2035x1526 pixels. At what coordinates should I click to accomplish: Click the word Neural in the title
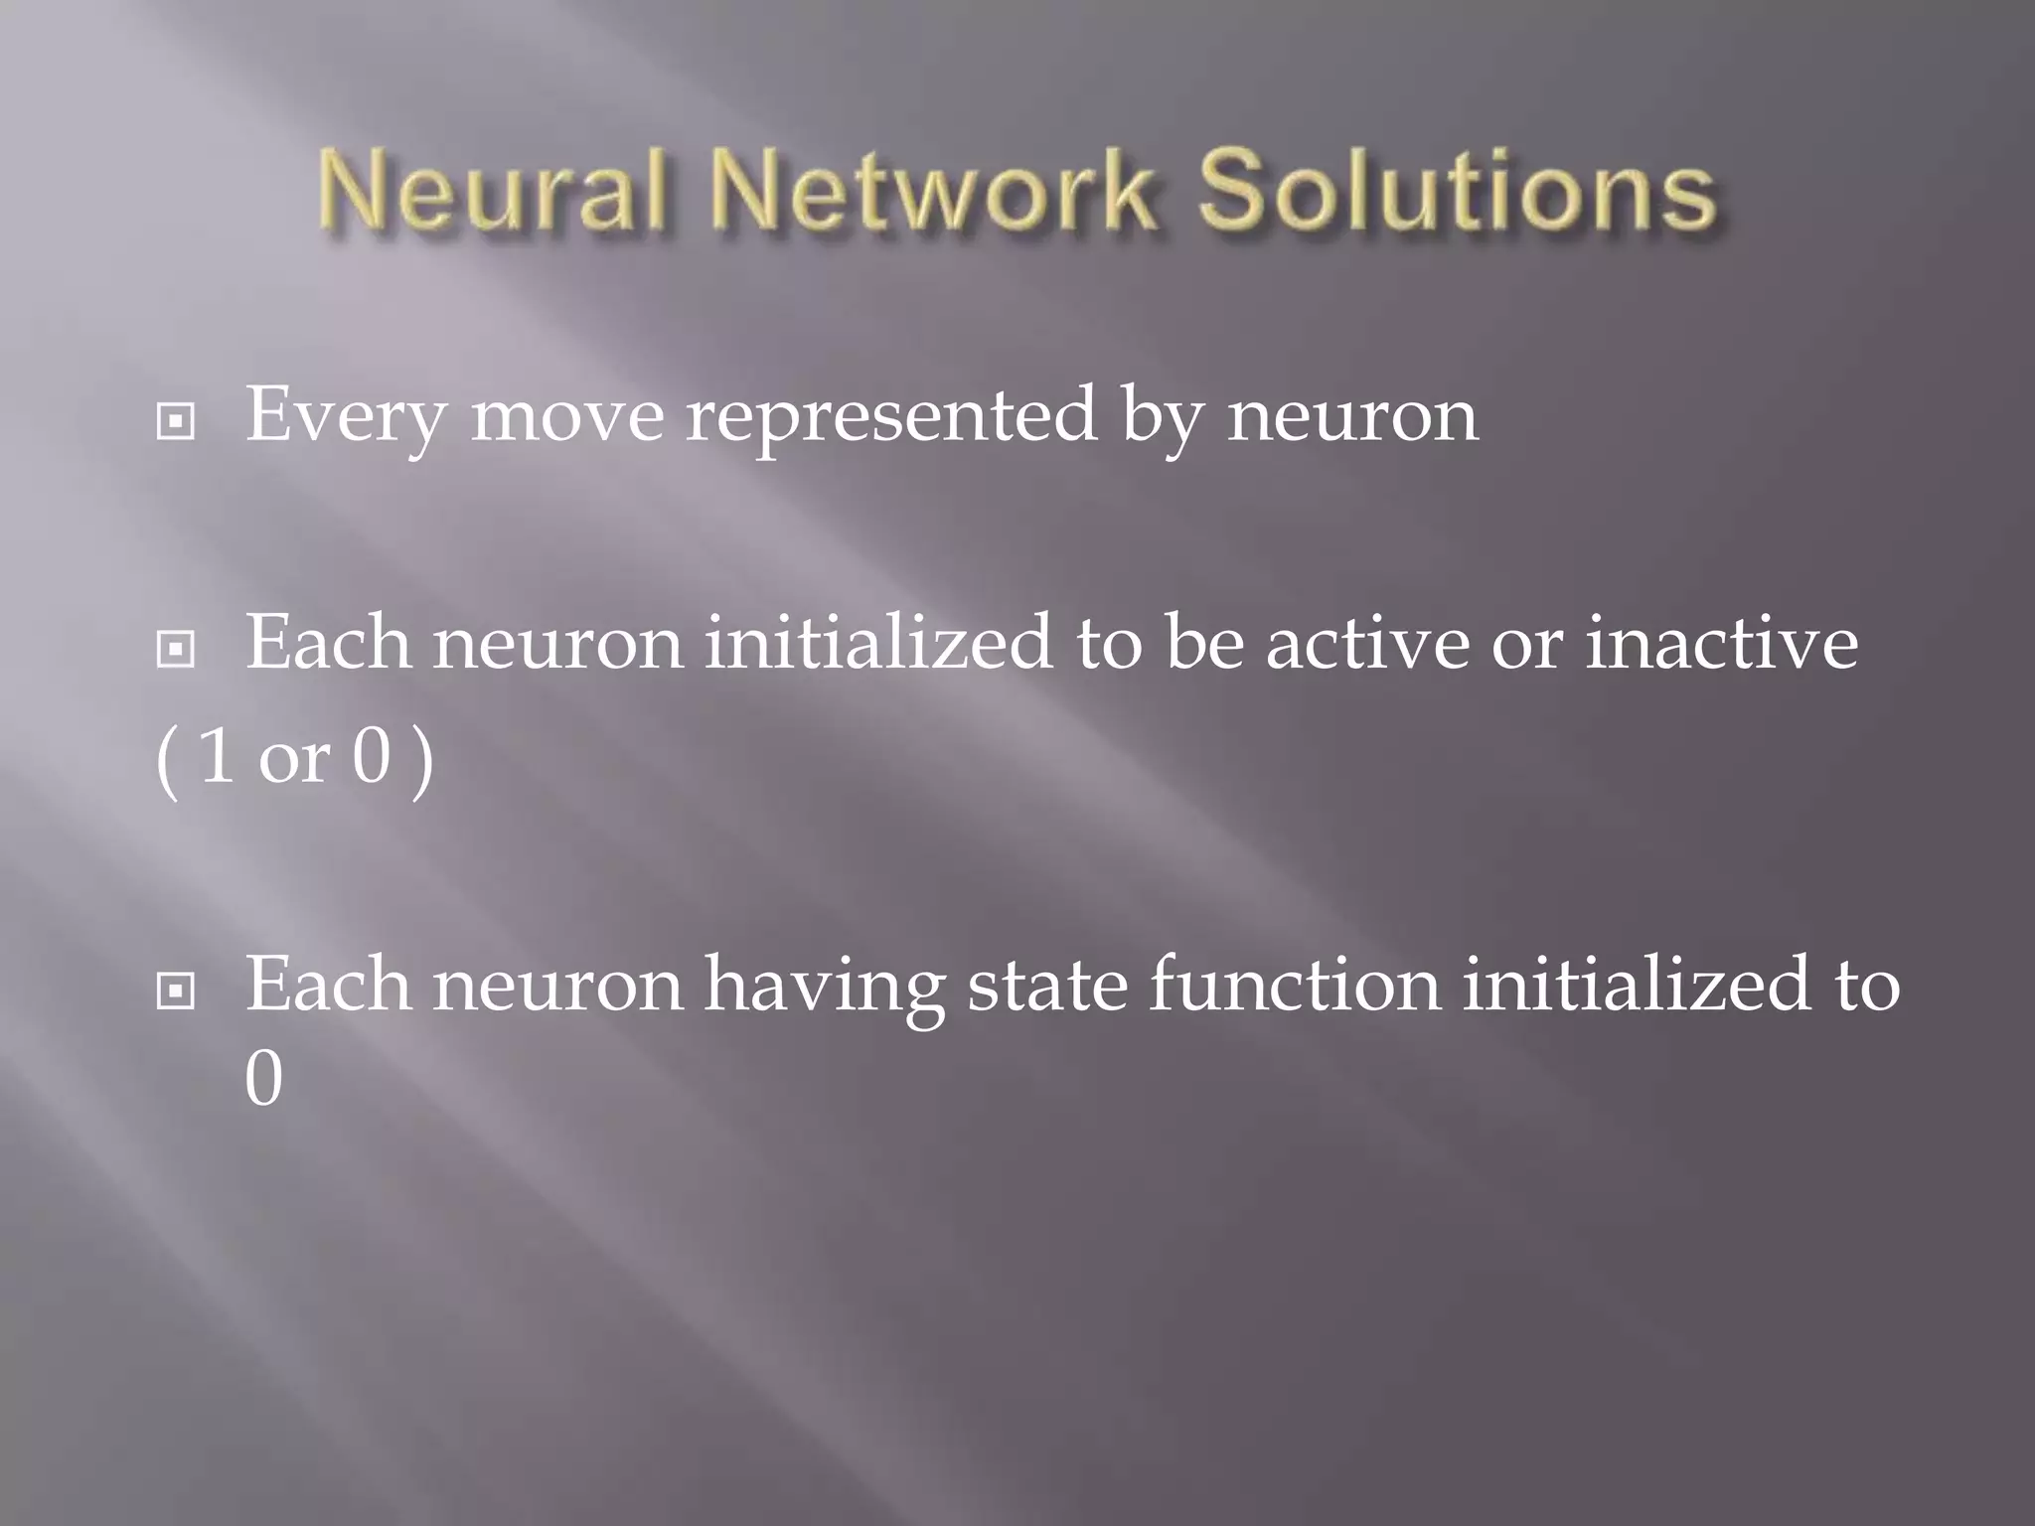(x=492, y=191)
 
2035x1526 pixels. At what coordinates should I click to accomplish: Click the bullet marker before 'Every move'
(x=176, y=423)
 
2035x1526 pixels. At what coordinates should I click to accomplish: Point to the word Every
(x=346, y=415)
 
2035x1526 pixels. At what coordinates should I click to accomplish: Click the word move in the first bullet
(x=567, y=415)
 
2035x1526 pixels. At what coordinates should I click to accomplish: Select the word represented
(x=891, y=415)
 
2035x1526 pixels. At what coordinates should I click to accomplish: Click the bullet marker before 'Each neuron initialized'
(x=176, y=651)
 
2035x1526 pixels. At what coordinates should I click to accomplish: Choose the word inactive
(x=1721, y=642)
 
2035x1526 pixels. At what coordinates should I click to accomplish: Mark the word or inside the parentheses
(x=293, y=760)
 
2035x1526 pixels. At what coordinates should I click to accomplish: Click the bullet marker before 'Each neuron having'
(x=176, y=991)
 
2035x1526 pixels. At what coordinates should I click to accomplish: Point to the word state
(x=1047, y=984)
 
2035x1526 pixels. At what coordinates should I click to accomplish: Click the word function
(x=1295, y=984)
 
